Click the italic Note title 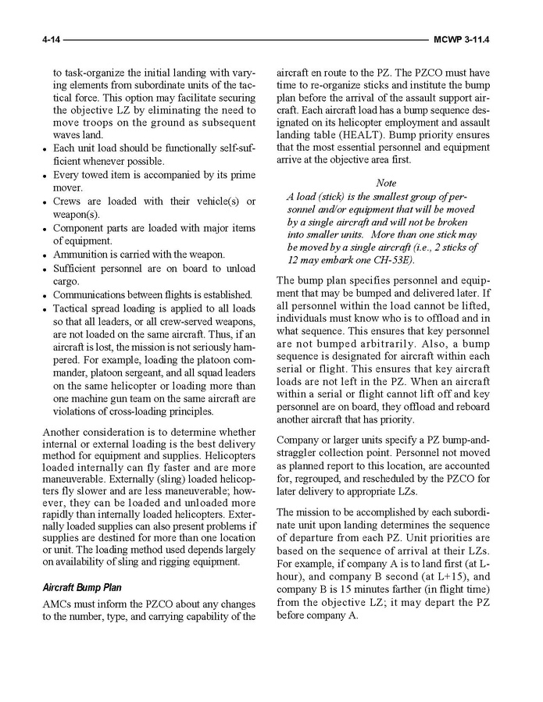tap(386, 183)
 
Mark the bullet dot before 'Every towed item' tap(47, 175)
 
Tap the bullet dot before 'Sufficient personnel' tap(47, 269)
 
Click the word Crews tap(68, 201)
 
